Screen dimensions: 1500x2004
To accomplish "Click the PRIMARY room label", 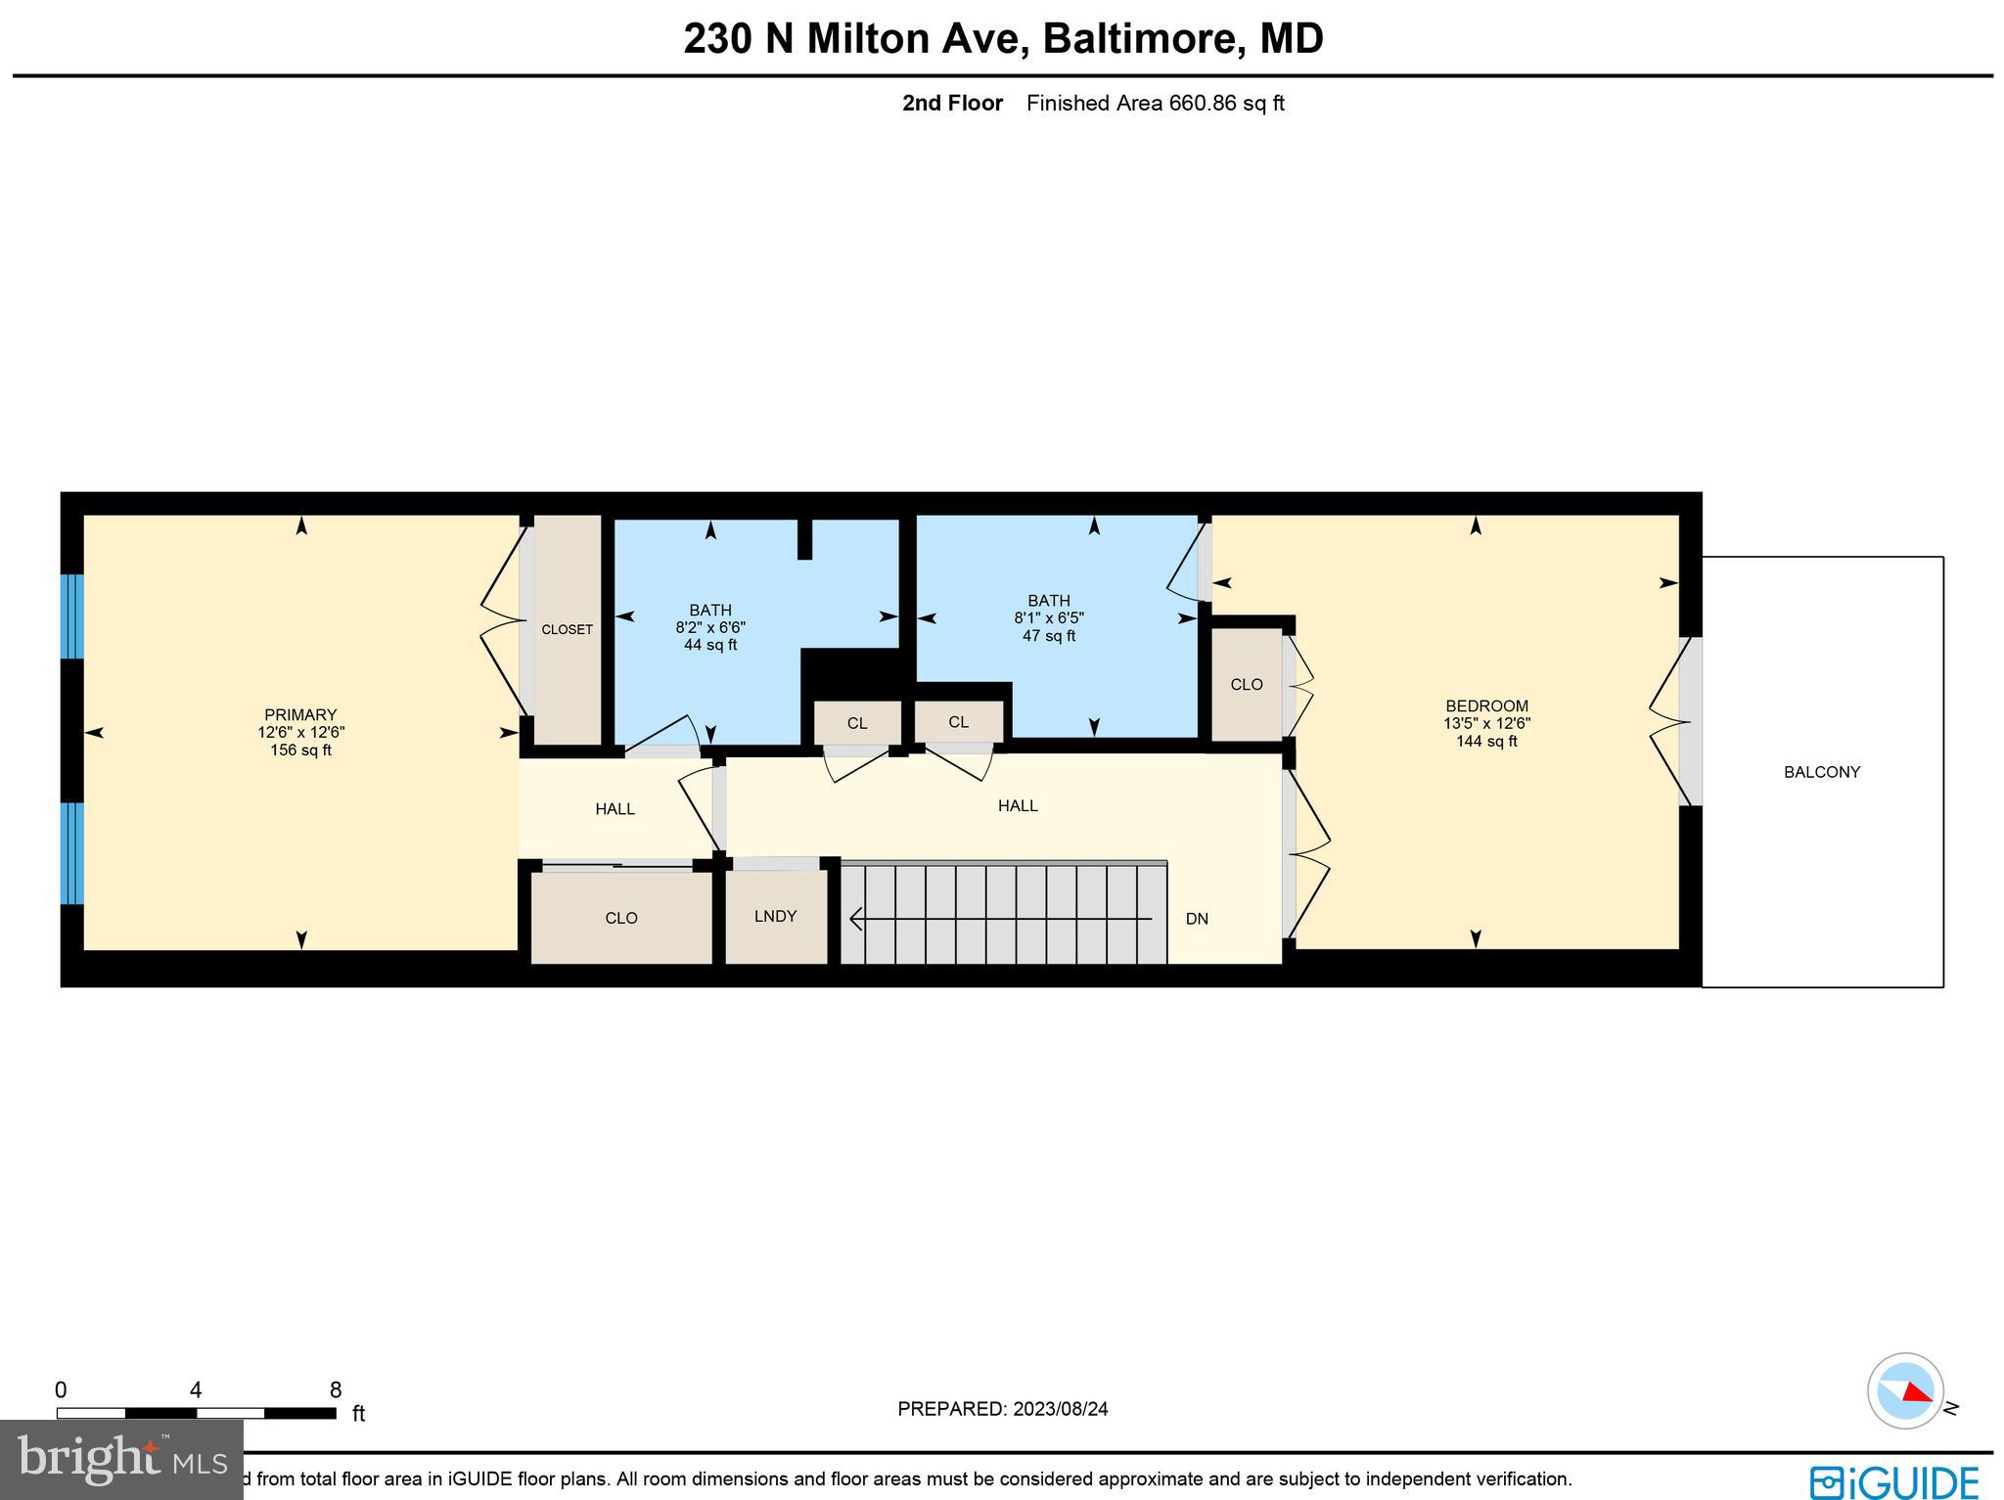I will (x=300, y=715).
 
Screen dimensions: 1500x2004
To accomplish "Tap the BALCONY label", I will (x=1821, y=772).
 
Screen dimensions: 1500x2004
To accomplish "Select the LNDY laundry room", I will (x=775, y=916).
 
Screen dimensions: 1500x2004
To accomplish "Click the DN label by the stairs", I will (x=1197, y=919).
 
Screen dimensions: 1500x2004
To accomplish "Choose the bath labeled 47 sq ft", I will (x=1049, y=618).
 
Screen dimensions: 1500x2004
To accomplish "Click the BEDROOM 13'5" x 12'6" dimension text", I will (x=1486, y=724).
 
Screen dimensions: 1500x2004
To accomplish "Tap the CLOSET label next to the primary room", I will (x=567, y=629).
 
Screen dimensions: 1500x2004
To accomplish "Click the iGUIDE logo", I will (x=1894, y=1480).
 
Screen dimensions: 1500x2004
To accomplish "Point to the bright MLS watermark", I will (x=121, y=1460).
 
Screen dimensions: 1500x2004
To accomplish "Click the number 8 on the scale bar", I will (x=336, y=1390).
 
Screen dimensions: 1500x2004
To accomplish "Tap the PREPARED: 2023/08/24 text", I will (x=1002, y=1409).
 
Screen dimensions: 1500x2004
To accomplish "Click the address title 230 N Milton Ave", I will (x=1002, y=39).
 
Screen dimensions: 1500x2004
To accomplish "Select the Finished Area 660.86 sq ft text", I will (x=1155, y=103).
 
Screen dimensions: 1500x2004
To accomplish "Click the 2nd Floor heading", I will (x=952, y=103).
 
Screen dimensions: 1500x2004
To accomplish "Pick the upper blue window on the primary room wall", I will (x=72, y=616).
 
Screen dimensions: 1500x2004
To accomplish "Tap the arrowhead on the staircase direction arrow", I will (x=856, y=919).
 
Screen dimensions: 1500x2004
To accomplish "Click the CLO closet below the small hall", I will (x=621, y=918).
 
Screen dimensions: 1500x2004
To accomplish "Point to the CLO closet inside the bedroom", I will (x=1246, y=684).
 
